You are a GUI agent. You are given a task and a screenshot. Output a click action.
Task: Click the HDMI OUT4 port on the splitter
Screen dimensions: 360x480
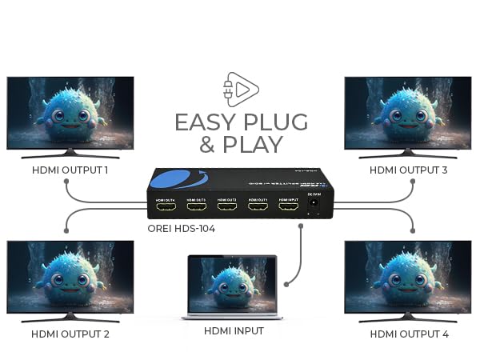click(165, 208)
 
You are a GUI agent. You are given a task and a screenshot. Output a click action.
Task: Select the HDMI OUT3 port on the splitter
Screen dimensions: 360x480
click(196, 208)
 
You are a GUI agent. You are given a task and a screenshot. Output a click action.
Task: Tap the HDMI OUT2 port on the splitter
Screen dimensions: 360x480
click(226, 208)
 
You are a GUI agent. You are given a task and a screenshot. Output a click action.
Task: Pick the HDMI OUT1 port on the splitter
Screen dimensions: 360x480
click(257, 208)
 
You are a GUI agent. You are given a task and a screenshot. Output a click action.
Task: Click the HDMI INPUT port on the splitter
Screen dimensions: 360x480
click(288, 208)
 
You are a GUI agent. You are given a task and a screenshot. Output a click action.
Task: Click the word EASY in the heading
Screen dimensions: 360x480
click(206, 122)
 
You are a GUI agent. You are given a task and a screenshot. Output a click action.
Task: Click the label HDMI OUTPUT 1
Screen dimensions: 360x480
click(70, 170)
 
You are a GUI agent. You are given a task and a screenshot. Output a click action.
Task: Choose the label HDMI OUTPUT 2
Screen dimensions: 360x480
click(70, 334)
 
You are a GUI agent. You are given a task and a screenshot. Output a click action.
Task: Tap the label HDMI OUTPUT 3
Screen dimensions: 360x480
click(408, 170)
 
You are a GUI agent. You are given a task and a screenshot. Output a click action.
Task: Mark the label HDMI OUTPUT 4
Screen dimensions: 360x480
click(408, 334)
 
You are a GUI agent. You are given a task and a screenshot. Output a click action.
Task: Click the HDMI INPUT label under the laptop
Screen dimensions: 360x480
click(233, 330)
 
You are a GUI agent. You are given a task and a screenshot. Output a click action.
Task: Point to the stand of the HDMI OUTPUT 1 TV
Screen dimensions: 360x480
click(70, 153)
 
